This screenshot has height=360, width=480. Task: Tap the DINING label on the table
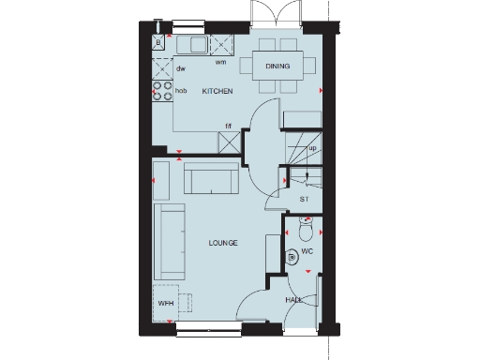coord(277,67)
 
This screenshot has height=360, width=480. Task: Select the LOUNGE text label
coord(223,243)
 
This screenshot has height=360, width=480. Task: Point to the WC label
coord(306,253)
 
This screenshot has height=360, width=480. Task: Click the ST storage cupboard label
coord(304,200)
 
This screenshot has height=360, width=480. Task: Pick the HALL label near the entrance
coord(293,300)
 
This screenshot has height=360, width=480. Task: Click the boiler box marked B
coord(158,42)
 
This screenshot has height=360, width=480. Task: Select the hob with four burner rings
coord(160,91)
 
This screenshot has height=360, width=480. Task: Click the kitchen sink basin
coord(198,44)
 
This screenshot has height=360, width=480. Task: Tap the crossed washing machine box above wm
coord(221,44)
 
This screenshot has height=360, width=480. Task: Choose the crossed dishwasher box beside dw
coord(159,67)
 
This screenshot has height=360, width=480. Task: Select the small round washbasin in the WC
coord(292,254)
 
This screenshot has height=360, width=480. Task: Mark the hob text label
coord(182,91)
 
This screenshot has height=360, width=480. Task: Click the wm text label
coord(220,63)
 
